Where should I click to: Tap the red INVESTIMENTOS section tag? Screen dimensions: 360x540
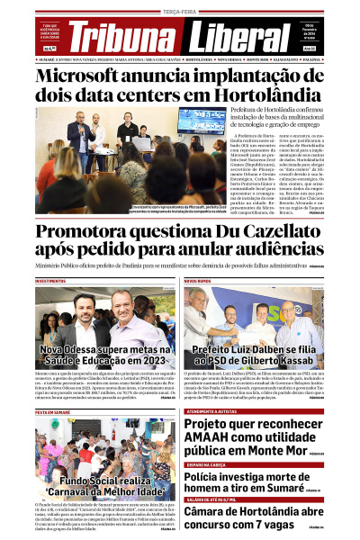pos(51,282)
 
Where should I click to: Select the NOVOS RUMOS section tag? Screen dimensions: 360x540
pos(198,282)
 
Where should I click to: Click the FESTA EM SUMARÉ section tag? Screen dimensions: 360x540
pos(53,410)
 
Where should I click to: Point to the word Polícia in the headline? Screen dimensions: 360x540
pos(204,476)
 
